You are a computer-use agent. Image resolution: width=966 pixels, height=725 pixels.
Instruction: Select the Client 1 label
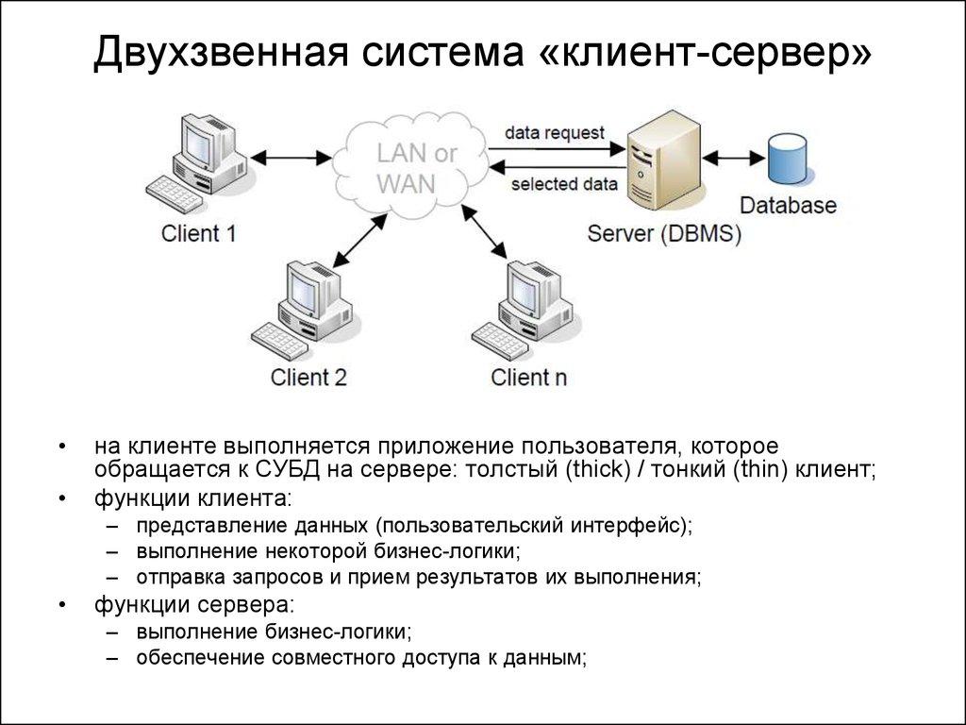coord(198,233)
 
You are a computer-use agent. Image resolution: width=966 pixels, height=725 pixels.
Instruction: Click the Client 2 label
coord(308,377)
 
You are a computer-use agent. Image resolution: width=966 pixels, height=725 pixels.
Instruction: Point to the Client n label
coord(529,377)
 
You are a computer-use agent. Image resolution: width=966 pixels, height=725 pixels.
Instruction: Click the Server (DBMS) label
coord(664,233)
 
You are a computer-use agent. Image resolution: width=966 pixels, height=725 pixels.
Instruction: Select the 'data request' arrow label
coord(554,133)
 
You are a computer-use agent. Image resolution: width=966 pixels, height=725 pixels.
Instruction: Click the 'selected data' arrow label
coord(564,184)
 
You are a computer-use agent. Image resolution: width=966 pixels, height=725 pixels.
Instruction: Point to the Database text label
coord(788,205)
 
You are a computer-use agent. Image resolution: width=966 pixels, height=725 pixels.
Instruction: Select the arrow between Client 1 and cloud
coord(292,156)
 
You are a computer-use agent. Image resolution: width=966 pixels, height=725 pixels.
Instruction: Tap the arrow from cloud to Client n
coord(489,231)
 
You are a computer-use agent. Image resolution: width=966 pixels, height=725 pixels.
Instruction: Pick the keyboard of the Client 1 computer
coord(175,194)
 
